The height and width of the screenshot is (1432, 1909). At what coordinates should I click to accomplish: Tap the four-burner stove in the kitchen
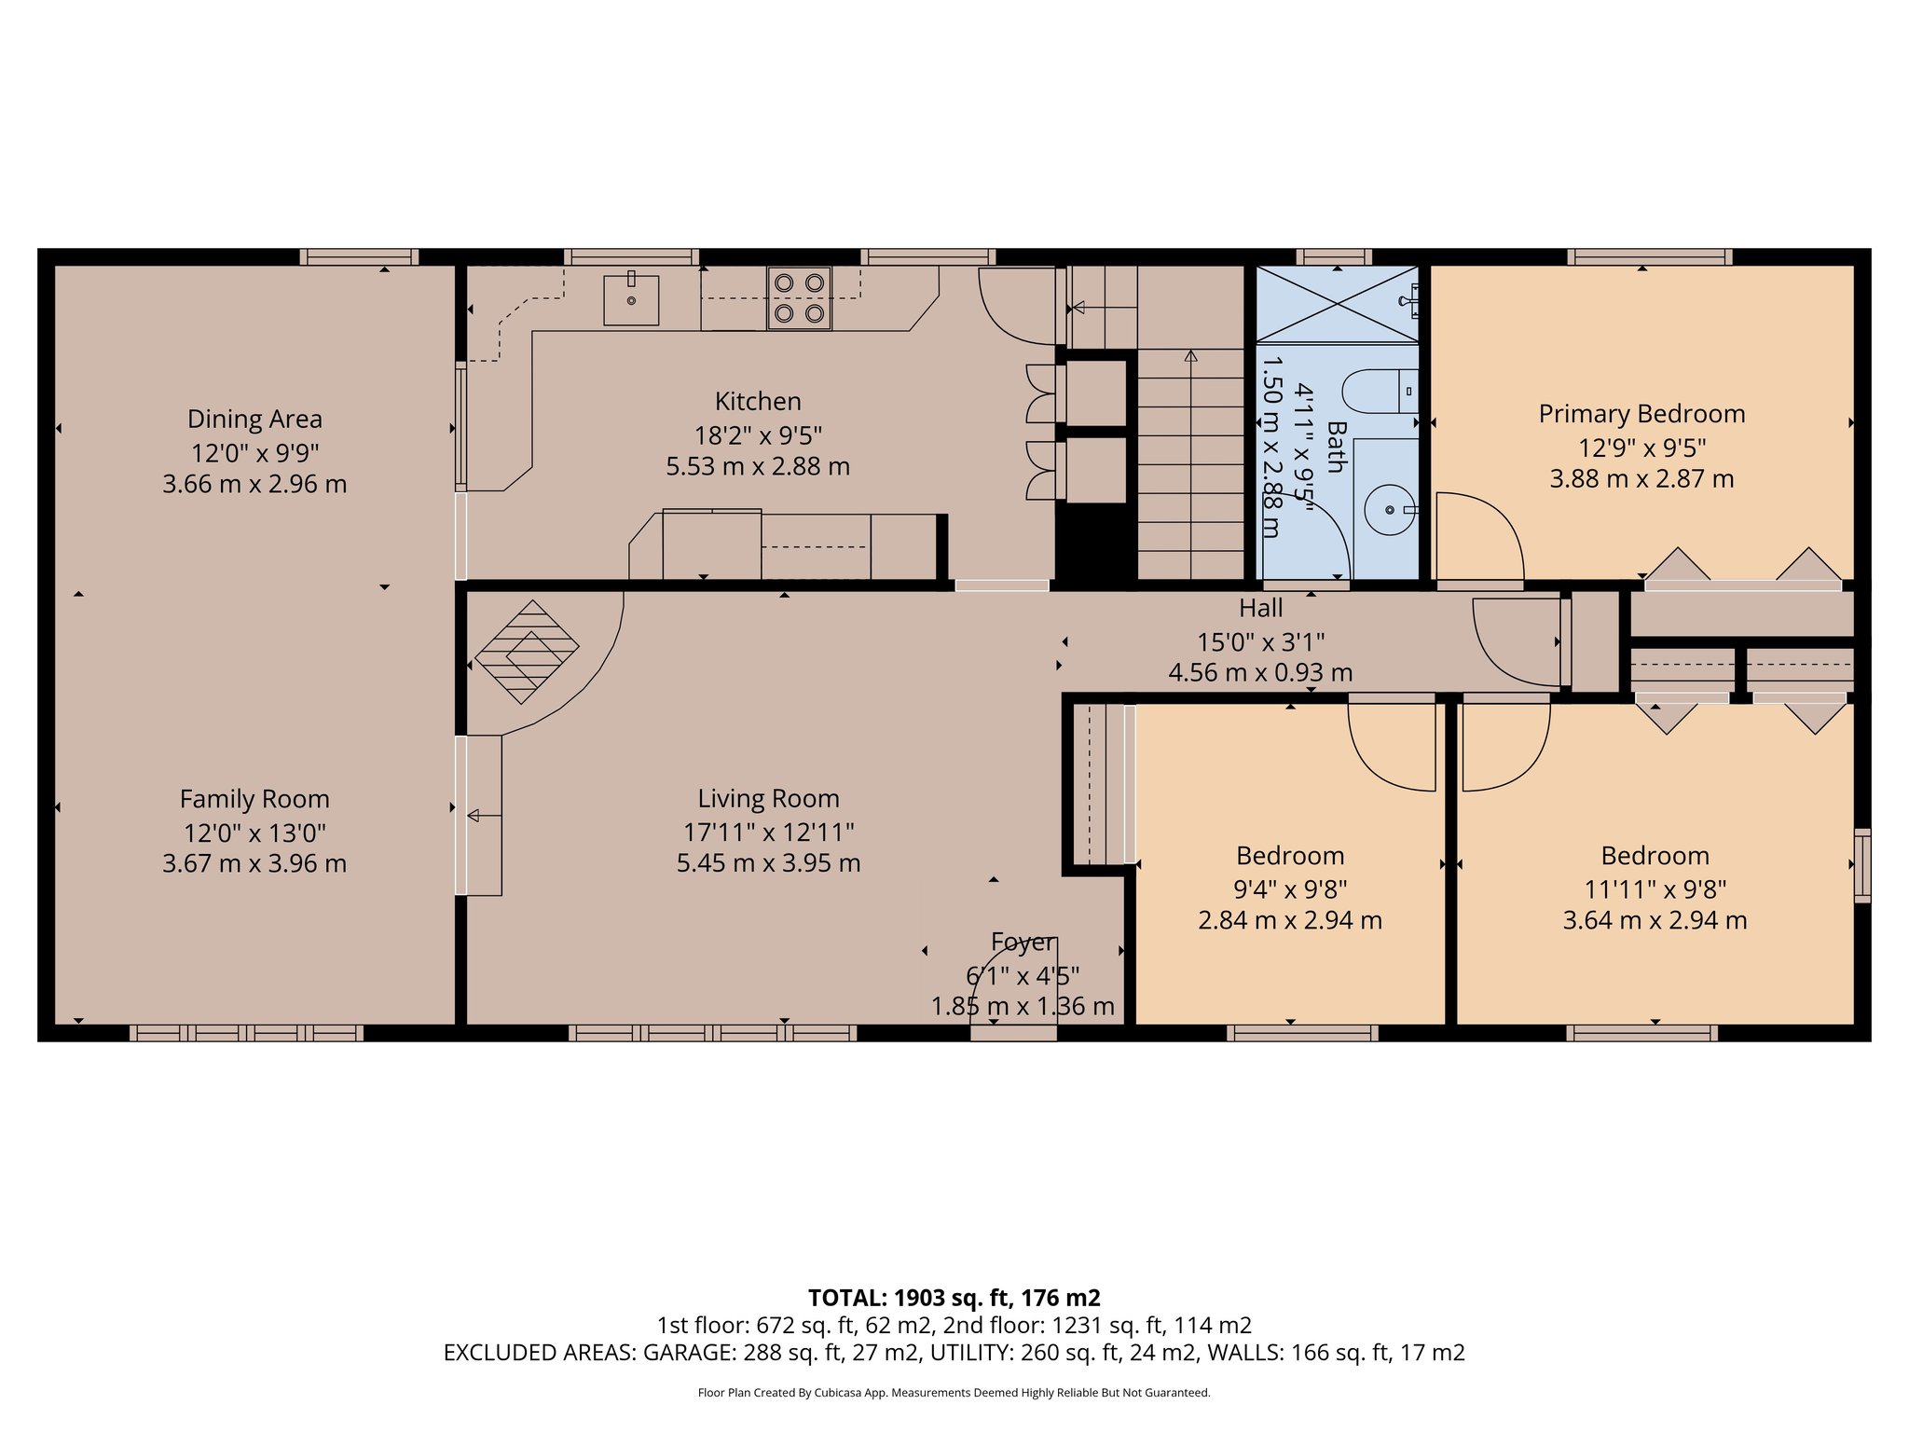click(799, 298)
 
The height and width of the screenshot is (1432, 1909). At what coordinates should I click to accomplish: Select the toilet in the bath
click(1382, 392)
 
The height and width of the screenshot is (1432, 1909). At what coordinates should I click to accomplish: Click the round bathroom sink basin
click(1389, 510)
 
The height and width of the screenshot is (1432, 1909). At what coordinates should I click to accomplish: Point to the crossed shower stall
click(1337, 305)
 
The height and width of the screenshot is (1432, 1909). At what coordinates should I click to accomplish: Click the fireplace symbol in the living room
click(528, 651)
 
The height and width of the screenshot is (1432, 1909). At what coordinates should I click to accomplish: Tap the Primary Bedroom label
click(1641, 414)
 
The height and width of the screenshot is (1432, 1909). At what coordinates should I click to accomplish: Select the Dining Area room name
click(254, 420)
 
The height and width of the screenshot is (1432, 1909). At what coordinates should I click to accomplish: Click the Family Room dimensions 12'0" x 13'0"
click(254, 833)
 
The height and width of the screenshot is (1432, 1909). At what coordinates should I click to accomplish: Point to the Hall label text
click(1260, 609)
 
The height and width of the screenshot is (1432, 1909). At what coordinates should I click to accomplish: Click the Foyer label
click(1023, 943)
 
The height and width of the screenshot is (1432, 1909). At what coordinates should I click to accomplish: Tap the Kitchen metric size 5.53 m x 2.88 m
click(758, 466)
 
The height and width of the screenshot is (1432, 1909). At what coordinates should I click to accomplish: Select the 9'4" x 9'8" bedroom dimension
click(1290, 889)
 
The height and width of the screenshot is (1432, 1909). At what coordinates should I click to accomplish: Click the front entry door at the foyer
click(1013, 1031)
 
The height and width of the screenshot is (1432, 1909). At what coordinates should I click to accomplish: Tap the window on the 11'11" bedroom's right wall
click(1861, 865)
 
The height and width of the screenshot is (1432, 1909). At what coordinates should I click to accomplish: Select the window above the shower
click(1333, 256)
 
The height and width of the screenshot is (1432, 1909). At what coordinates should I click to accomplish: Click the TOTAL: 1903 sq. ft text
click(954, 1298)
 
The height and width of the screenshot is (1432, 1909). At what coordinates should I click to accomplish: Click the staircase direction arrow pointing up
click(1190, 356)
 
